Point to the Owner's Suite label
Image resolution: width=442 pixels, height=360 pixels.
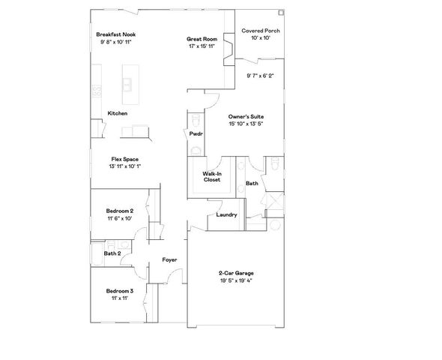pyautogui.click(x=246, y=117)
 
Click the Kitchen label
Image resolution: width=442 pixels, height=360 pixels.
pyautogui.click(x=118, y=113)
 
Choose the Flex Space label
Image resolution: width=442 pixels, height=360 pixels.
pyautogui.click(x=124, y=159)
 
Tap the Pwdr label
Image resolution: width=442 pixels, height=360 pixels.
pyautogui.click(x=196, y=133)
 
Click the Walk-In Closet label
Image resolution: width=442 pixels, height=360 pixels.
pyautogui.click(x=211, y=178)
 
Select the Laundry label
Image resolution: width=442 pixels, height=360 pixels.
pyautogui.click(x=226, y=215)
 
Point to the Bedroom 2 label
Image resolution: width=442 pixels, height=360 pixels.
pyautogui.click(x=120, y=211)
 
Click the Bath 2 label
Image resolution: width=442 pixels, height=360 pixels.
pyautogui.click(x=112, y=253)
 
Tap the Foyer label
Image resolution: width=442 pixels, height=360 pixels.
pyautogui.click(x=170, y=259)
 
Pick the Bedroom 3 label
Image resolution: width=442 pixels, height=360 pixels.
pyautogui.click(x=120, y=290)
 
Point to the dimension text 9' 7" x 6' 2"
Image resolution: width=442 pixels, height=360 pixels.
pyautogui.click(x=261, y=75)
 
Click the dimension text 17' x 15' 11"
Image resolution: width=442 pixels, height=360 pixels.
pyautogui.click(x=202, y=46)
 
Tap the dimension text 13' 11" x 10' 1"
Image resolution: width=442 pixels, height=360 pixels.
pyautogui.click(x=124, y=166)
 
